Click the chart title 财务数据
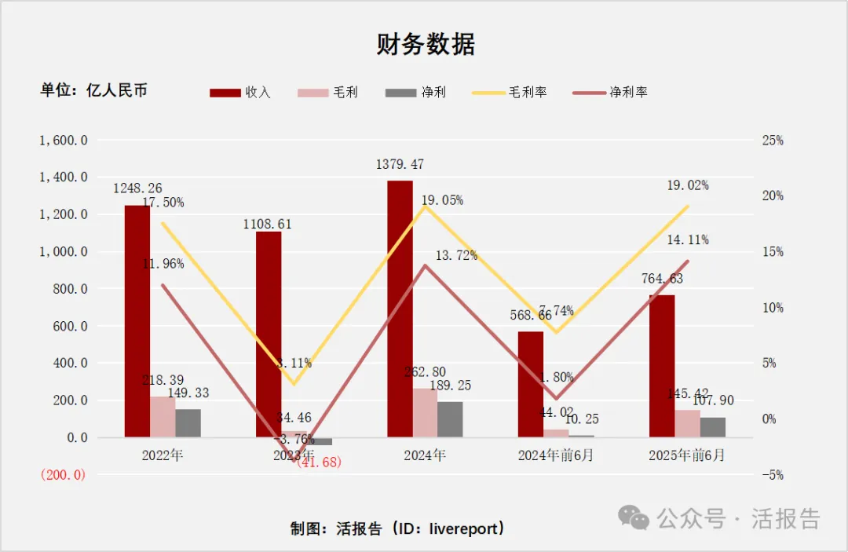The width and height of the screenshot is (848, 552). tap(426, 45)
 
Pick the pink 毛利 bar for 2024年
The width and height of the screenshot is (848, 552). tap(425, 412)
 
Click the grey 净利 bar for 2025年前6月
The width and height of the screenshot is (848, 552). tap(713, 427)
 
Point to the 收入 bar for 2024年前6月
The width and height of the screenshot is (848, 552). tap(531, 384)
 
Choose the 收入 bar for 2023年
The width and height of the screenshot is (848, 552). tap(269, 334)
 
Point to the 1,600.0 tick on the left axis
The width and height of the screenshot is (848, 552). tap(64, 141)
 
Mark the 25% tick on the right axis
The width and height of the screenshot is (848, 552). tap(773, 141)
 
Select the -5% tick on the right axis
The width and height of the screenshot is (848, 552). tap(773, 475)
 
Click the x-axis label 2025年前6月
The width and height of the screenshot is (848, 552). tap(687, 455)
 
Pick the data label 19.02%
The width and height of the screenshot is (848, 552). tap(687, 186)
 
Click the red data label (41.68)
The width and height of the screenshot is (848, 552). tap(319, 462)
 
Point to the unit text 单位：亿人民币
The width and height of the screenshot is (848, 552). tap(94, 90)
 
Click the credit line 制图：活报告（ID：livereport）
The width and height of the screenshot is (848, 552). tap(397, 528)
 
